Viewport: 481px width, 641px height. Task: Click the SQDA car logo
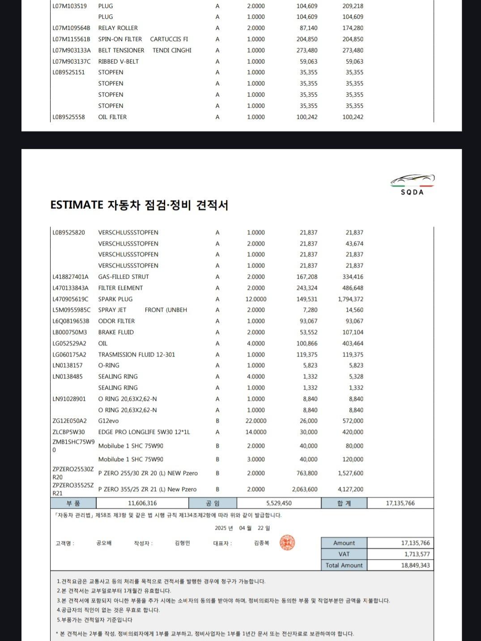[412, 184]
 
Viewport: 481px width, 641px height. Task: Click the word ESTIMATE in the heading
[77, 205]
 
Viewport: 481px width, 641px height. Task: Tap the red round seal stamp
[287, 543]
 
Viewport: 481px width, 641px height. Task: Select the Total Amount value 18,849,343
[415, 565]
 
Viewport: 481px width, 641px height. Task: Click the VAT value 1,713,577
[417, 554]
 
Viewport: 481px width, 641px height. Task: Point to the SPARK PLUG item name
[115, 299]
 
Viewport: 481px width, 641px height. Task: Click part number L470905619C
[70, 299]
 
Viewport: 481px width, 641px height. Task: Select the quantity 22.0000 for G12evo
[256, 421]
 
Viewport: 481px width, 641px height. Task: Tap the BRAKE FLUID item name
[116, 332]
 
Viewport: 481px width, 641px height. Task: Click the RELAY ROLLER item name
[118, 28]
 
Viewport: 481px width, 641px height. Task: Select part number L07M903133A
[72, 50]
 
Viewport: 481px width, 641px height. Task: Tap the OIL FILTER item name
[112, 117]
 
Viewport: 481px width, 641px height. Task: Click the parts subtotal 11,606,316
[142, 503]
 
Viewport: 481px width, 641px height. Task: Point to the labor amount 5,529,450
[279, 503]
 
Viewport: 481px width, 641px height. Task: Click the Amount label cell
[344, 543]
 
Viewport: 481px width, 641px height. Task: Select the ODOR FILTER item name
[116, 321]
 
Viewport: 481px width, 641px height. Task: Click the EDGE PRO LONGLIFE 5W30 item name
[144, 432]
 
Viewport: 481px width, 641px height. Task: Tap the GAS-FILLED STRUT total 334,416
[353, 277]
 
